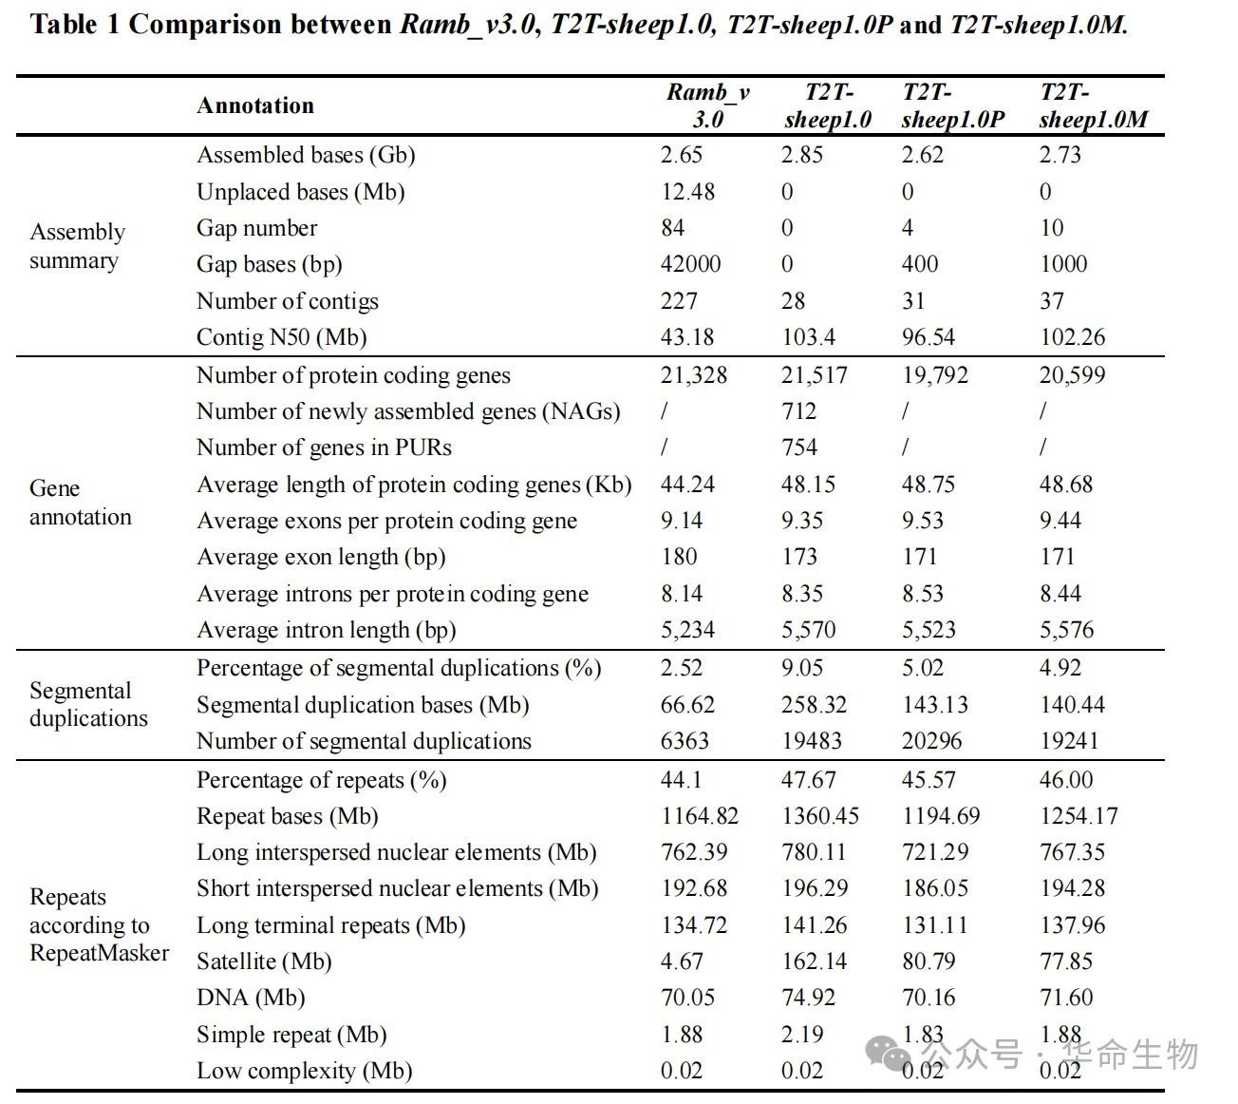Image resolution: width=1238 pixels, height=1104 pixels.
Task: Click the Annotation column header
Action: (255, 105)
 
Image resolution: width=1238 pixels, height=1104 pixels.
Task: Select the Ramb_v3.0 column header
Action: (707, 105)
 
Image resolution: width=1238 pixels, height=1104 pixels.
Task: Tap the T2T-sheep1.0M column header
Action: (1094, 105)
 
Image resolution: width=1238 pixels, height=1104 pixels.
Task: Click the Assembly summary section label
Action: (78, 246)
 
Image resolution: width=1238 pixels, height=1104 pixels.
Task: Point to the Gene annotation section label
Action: (80, 503)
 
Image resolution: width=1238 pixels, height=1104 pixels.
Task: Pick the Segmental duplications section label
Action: (88, 704)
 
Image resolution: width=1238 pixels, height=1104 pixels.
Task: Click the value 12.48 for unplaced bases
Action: (687, 191)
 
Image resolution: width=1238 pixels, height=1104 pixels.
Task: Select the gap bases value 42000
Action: (690, 263)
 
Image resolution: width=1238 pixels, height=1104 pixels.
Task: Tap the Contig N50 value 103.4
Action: (809, 336)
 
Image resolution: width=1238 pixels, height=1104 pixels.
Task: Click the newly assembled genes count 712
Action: (798, 410)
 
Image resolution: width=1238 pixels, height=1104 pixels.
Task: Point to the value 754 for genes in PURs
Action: (799, 447)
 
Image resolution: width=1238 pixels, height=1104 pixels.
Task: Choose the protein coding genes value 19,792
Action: (935, 374)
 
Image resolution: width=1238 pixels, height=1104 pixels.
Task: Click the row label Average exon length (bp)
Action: (321, 557)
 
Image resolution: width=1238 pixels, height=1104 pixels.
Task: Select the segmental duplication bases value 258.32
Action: (814, 704)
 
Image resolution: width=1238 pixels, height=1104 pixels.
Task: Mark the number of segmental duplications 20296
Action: (932, 741)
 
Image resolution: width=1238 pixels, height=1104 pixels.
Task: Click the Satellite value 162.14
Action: (815, 961)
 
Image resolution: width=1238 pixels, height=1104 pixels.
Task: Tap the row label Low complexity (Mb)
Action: (305, 1071)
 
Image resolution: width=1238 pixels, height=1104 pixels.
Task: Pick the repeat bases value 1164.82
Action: (700, 815)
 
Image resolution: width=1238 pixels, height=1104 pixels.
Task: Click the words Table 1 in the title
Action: (75, 25)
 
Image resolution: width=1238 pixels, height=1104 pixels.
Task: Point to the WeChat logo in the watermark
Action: (888, 1054)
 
